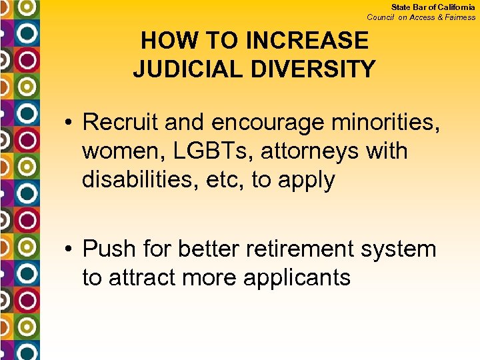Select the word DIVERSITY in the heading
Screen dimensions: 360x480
point(317,68)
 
